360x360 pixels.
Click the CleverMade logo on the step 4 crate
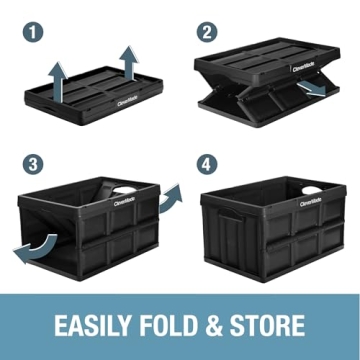310,202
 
